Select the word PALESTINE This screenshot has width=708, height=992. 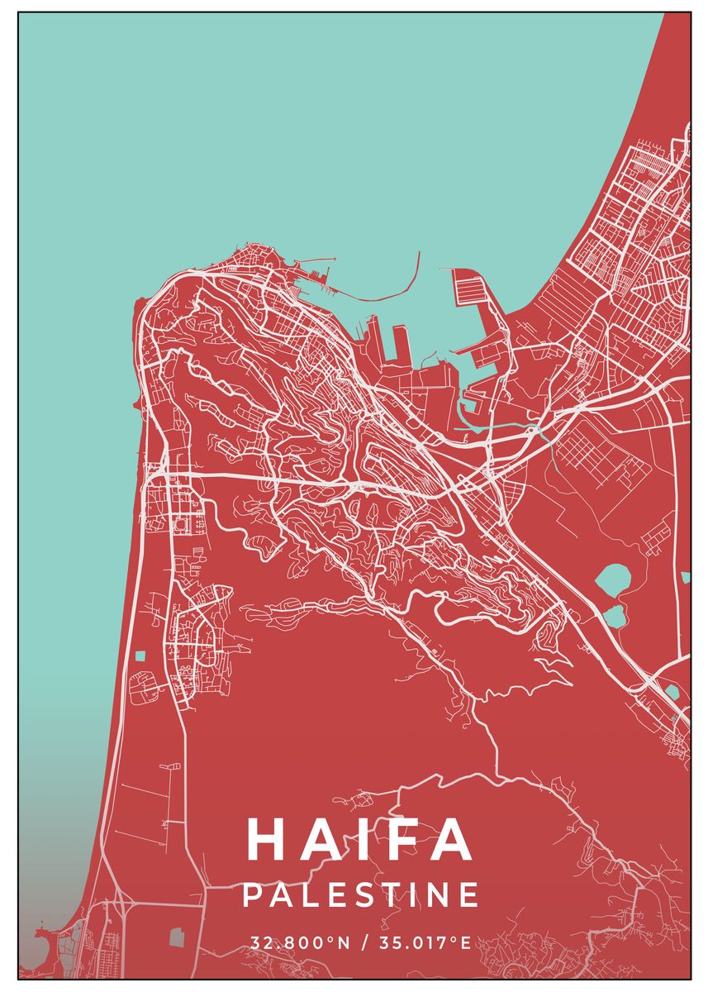click(361, 895)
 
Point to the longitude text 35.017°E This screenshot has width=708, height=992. click(423, 943)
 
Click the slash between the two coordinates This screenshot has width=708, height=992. click(362, 943)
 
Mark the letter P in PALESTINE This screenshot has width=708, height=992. click(252, 895)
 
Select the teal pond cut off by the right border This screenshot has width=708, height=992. click(685, 577)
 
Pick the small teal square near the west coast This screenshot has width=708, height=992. click(140, 656)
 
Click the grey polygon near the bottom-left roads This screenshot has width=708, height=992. click(176, 937)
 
